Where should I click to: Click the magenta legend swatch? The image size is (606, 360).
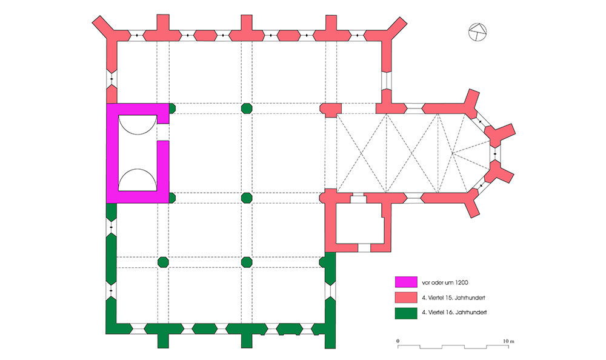tap(405, 282)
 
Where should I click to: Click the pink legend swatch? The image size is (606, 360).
tap(405, 298)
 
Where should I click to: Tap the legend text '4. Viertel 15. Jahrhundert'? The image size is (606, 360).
tap(456, 298)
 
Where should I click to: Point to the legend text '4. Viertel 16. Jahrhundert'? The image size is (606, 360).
tap(456, 313)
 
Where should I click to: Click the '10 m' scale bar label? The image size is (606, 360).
tap(508, 342)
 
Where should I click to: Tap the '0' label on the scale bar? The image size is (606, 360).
tap(398, 342)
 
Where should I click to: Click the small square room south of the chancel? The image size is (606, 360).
tap(359, 224)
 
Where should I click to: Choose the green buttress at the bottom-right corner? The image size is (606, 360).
tap(330, 336)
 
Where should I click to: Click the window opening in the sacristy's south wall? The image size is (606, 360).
tap(364, 248)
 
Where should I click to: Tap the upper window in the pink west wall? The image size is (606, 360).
tap(112, 79)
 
